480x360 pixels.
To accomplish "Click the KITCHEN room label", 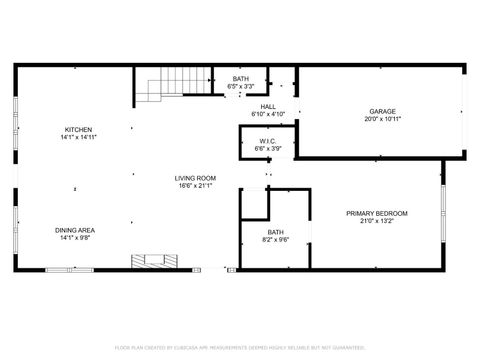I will (x=79, y=130).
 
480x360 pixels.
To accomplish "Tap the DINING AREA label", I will (x=75, y=230).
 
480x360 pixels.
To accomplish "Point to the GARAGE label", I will (x=382, y=111).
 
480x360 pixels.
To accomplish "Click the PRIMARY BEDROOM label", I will (x=376, y=213).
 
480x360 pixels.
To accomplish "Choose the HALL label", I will (x=268, y=106).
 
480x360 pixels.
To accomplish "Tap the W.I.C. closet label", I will (x=267, y=141).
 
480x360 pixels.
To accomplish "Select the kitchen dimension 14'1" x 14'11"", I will (x=79, y=138).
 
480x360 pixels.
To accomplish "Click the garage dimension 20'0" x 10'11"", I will (x=382, y=119).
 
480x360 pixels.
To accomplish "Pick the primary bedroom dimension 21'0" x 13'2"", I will (x=376, y=221).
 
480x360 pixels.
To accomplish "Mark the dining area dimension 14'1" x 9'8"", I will (x=75, y=238).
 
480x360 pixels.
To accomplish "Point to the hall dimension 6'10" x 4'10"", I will (x=268, y=114).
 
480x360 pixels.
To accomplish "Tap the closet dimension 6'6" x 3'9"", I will (x=267, y=149).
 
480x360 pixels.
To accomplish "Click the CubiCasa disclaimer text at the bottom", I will (x=239, y=347).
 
